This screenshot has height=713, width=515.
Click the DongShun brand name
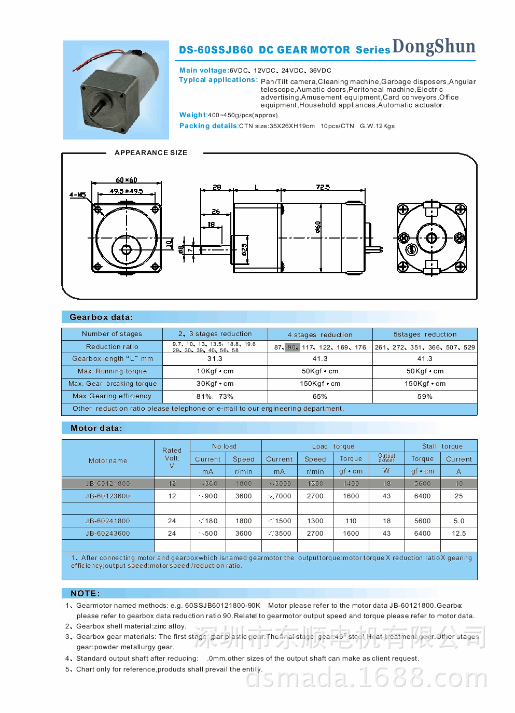(x=434, y=47)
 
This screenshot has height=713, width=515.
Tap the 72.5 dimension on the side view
(x=323, y=187)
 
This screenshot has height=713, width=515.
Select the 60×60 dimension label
(x=127, y=180)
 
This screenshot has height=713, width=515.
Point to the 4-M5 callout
(x=78, y=195)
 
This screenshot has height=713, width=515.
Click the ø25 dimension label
(x=244, y=248)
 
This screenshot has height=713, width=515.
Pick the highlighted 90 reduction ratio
(x=292, y=347)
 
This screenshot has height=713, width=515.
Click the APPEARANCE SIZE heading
(x=151, y=152)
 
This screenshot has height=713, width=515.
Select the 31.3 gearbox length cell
(x=215, y=359)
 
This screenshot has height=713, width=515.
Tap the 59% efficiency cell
(x=425, y=397)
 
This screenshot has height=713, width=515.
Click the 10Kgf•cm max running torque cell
(x=215, y=371)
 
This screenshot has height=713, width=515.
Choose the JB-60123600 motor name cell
(x=108, y=496)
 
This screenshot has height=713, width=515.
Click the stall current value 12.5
(x=458, y=534)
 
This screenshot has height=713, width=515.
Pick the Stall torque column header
(x=442, y=446)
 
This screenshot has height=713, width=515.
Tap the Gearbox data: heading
(x=101, y=317)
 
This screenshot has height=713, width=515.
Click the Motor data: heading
(x=96, y=428)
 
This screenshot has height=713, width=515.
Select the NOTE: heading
(x=85, y=594)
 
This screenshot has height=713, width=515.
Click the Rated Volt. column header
(x=172, y=458)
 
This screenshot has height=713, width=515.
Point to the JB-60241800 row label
(x=108, y=521)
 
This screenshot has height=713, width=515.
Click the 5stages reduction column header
(x=425, y=334)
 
